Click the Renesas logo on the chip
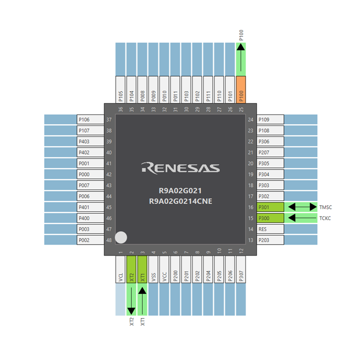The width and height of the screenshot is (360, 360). pyautogui.click(x=180, y=167)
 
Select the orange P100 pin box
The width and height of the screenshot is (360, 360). pyautogui.click(x=241, y=90)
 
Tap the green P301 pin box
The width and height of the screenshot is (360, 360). pyautogui.click(x=270, y=207)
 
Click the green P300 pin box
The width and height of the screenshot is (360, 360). pyautogui.click(x=270, y=218)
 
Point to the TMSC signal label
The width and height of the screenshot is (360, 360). pyautogui.click(x=325, y=207)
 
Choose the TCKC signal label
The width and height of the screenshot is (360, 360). pyautogui.click(x=325, y=218)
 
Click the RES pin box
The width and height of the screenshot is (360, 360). pyautogui.click(x=270, y=229)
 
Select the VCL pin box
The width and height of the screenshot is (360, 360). pyautogui.click(x=121, y=270)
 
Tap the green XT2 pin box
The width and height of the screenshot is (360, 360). pyautogui.click(x=132, y=270)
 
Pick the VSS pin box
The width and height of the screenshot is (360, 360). pyautogui.click(x=154, y=270)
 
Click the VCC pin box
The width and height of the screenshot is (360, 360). pyautogui.click(x=165, y=270)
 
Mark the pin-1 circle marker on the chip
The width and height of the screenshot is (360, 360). pyautogui.click(x=121, y=238)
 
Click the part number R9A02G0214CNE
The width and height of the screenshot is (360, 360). pyautogui.click(x=180, y=201)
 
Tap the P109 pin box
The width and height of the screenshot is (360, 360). pyautogui.click(x=270, y=119)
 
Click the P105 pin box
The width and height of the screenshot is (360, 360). pyautogui.click(x=121, y=90)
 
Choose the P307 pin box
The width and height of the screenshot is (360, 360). pyautogui.click(x=241, y=270)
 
